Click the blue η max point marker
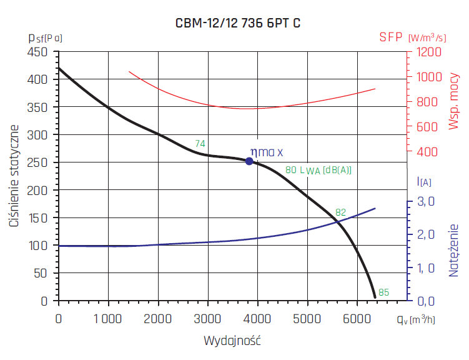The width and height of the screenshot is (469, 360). pyautogui.click(x=249, y=161)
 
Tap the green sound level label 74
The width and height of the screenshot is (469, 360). pyautogui.click(x=200, y=144)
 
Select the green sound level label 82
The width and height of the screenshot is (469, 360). pyautogui.click(x=341, y=212)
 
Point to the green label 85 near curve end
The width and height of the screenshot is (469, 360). pyautogui.click(x=383, y=292)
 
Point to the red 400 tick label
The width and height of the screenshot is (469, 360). pyautogui.click(x=424, y=152)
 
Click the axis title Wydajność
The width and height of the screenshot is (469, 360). pyautogui.click(x=232, y=341)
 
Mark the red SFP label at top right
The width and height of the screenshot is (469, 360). pyautogui.click(x=392, y=37)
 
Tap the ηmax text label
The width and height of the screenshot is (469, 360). pyautogui.click(x=267, y=152)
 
